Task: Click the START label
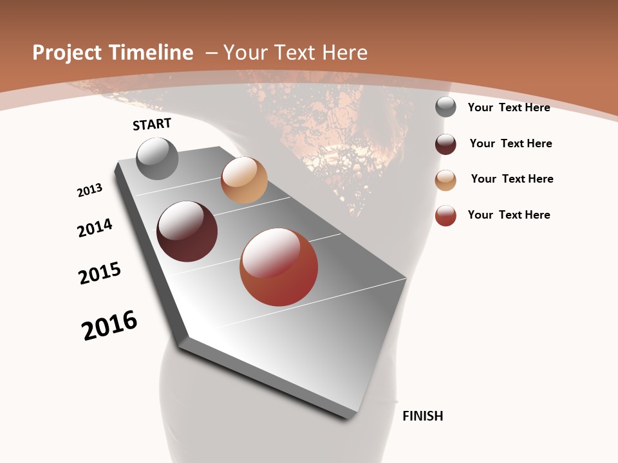(152, 124)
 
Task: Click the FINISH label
(422, 416)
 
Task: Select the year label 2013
(89, 190)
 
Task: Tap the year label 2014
(95, 228)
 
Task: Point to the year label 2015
(100, 273)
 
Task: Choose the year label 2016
(109, 325)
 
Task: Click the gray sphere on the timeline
(158, 158)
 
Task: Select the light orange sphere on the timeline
(244, 180)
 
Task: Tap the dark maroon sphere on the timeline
(187, 232)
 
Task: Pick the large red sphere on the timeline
(279, 267)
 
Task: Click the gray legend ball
(445, 107)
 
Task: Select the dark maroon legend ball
(445, 143)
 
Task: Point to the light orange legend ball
(445, 180)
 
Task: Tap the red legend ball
(445, 215)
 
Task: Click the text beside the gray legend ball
(509, 107)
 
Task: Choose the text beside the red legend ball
(509, 215)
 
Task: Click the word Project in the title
(66, 53)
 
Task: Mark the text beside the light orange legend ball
(512, 179)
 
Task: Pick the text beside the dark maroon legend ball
(510, 143)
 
